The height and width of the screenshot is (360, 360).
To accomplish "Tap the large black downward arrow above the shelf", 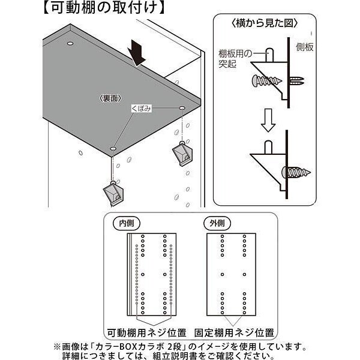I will [x=138, y=52].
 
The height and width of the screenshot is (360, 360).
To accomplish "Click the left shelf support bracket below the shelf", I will [x=114, y=193].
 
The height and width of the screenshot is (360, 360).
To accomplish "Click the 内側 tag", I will [x=126, y=223].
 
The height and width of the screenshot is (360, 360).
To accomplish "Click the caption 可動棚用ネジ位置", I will [x=146, y=332].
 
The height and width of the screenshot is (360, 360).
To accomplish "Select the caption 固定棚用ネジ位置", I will [x=235, y=332].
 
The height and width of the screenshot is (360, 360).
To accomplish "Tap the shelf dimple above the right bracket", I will [x=181, y=107].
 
